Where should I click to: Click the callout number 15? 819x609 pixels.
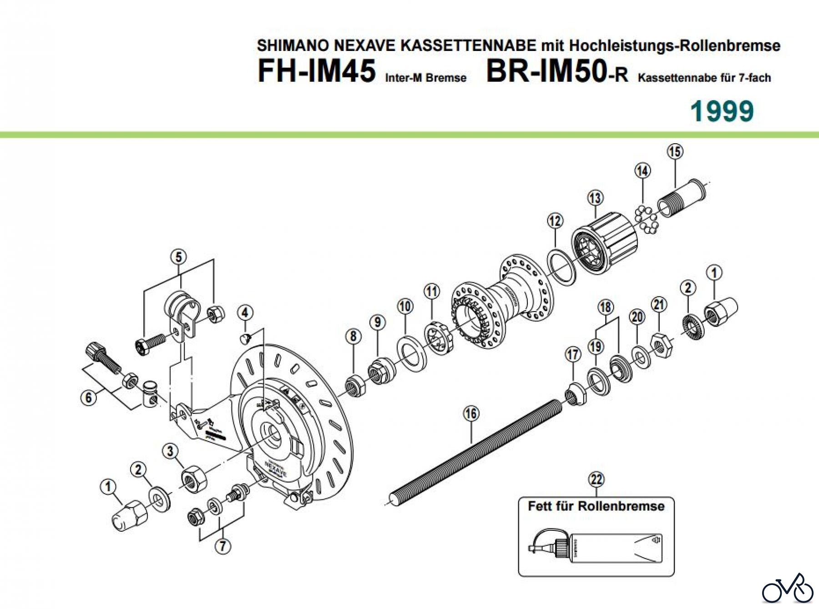(675, 151)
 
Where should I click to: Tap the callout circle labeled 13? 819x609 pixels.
(595, 198)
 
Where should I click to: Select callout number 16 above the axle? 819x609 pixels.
(471, 413)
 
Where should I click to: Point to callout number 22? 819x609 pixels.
(596, 479)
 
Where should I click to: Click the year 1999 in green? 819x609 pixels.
(722, 111)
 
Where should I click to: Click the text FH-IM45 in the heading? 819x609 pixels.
(317, 71)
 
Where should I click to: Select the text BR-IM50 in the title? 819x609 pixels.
(546, 71)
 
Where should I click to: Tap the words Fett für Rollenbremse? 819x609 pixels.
(596, 506)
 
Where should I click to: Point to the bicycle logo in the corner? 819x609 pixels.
(788, 590)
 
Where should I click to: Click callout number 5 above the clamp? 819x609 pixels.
(178, 257)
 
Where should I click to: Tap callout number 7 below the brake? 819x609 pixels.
(222, 545)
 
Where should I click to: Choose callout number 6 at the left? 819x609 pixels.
(89, 398)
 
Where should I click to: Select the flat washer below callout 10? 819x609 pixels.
(411, 353)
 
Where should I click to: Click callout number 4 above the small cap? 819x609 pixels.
(245, 312)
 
